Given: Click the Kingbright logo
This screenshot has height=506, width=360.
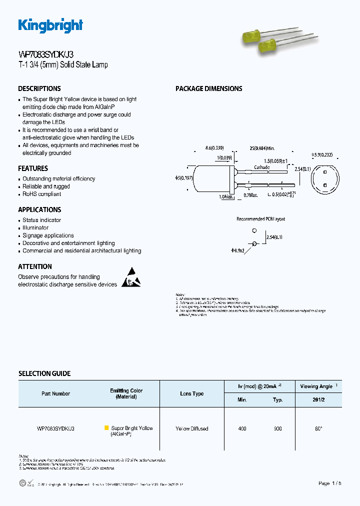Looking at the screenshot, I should coord(50,25).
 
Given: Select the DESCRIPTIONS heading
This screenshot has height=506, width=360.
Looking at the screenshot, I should coord(39,88).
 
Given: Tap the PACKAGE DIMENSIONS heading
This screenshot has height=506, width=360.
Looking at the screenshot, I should coord(208,88).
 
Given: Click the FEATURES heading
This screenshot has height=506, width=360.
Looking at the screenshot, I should coord(33,168).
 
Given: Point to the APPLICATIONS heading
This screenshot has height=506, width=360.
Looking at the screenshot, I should coord(39,209).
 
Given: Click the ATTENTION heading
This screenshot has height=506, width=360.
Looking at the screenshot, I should coord(35,266).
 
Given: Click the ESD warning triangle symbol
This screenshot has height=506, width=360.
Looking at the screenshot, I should coord(131,277).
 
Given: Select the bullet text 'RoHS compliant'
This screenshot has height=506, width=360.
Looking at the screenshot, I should coord(42,194).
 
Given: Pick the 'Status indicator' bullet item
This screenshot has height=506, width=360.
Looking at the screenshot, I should coord(42,220).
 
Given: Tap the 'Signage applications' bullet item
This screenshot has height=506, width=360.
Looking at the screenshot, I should coord(48,235).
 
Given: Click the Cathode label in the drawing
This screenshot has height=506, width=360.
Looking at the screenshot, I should coord(261,167).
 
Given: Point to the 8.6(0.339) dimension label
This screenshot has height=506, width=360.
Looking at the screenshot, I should coord(214,148).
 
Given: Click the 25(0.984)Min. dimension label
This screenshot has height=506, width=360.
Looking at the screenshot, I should coord(262,148).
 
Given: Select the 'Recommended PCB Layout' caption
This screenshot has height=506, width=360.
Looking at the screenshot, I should coord(260,219).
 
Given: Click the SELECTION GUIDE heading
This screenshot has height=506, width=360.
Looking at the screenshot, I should coord(44,373).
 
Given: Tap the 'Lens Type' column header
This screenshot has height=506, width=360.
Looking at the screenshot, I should coord(192,393).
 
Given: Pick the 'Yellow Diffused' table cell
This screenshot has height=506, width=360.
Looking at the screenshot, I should coord(192,428).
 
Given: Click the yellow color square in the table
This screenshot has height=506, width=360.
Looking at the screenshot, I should coord(106,428).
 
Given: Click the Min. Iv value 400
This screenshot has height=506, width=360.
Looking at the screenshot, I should coord(242,428).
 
